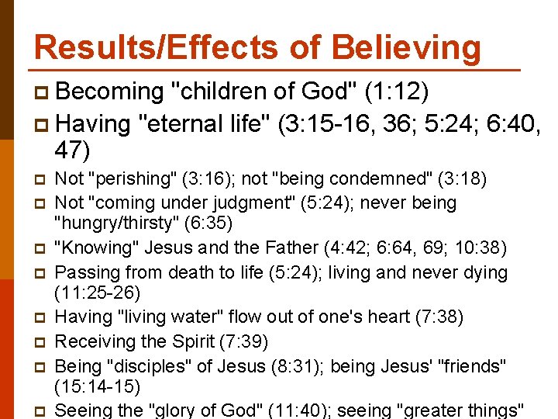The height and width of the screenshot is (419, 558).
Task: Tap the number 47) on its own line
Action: (x=73, y=150)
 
